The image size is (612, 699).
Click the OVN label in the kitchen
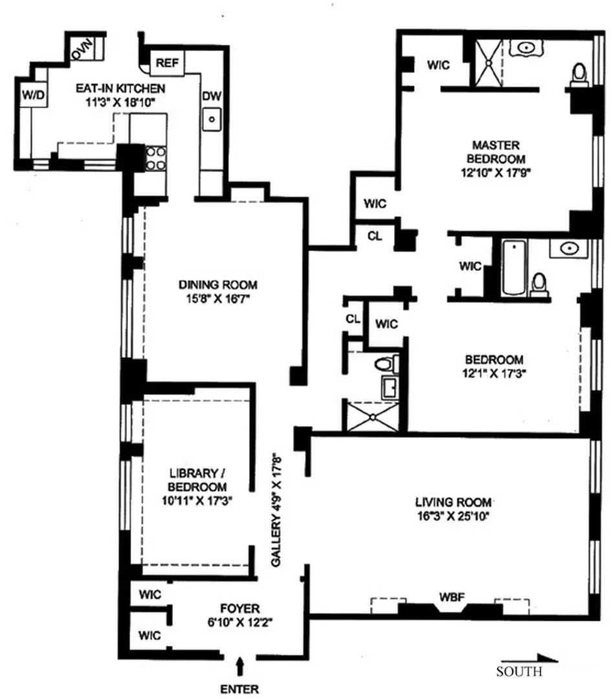(83, 49)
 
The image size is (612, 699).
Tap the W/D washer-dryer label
(33, 96)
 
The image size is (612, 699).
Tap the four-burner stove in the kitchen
(156, 159)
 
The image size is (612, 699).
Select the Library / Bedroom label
(195, 479)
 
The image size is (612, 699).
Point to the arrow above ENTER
(241, 665)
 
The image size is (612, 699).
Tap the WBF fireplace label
(450, 596)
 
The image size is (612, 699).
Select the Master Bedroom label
(496, 151)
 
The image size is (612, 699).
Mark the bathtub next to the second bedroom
(513, 267)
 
